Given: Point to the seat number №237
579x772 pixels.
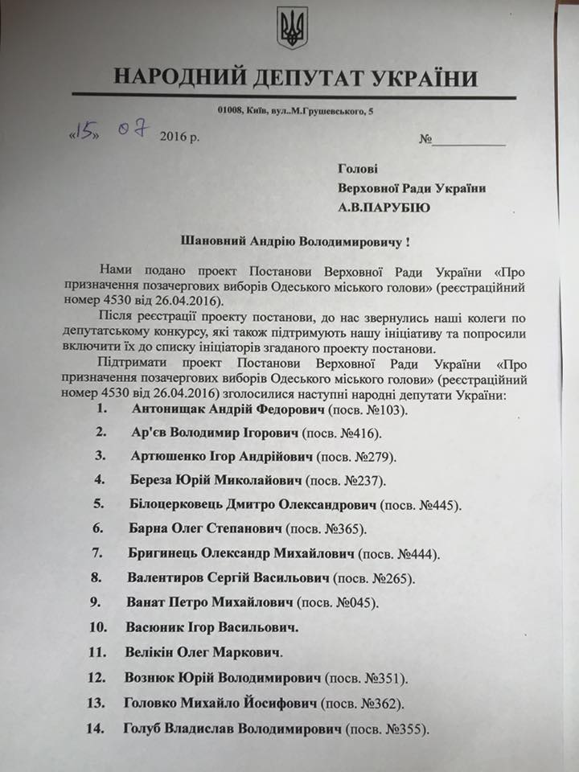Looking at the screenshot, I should tap(364, 481).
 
